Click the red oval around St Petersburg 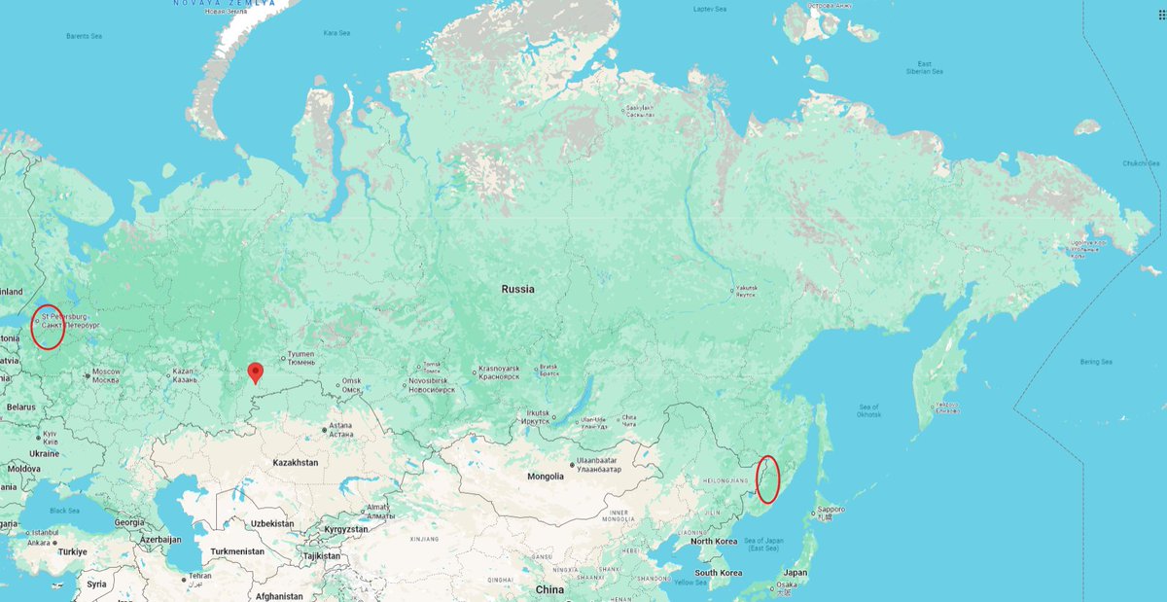(x=47, y=327)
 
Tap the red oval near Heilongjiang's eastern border (x=767, y=479)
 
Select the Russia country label (x=517, y=289)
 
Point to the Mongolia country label (x=546, y=476)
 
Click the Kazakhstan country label (x=296, y=462)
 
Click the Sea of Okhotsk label (x=868, y=410)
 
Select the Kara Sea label (x=336, y=33)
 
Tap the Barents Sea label (x=84, y=36)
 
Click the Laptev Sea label (x=709, y=9)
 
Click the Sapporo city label (x=831, y=510)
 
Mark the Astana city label (x=340, y=429)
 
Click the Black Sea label (x=65, y=511)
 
